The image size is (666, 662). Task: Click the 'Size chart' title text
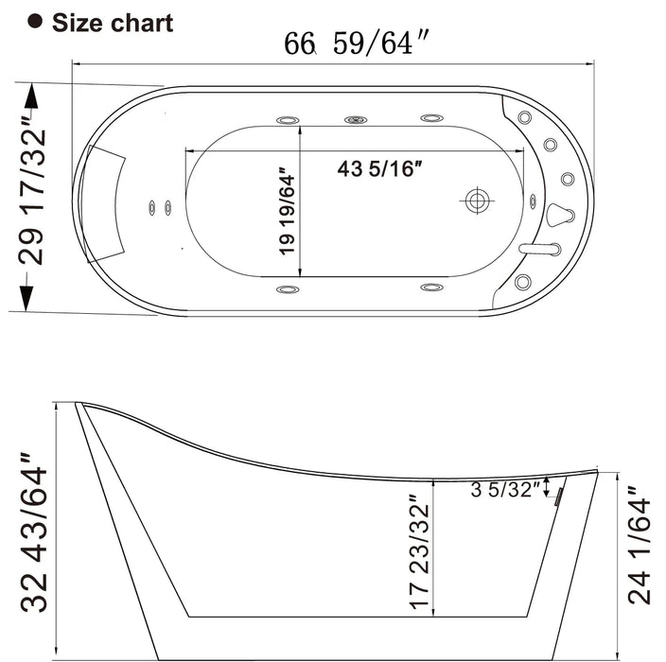113,23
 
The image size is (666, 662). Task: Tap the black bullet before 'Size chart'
37,23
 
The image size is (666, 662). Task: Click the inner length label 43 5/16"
379,169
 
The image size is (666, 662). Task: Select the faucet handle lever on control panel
539,249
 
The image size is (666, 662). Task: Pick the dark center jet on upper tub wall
356,120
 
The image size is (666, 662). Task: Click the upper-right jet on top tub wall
431,119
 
